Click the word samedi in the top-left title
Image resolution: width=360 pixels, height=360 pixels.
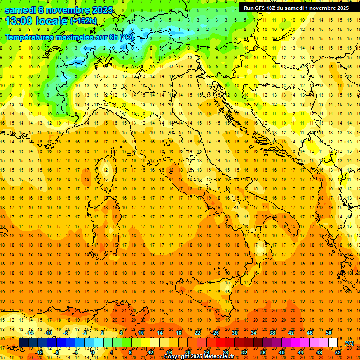(x=20, y=10)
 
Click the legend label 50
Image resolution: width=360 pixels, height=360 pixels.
(x=329, y=332)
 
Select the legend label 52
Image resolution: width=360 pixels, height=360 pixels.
(x=338, y=352)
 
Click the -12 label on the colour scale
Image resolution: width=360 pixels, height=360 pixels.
(x=39, y=352)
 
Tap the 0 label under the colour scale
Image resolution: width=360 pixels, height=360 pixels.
(x=93, y=352)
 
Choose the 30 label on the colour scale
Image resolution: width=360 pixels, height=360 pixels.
(x=235, y=332)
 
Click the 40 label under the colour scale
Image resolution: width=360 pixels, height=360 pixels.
(x=282, y=352)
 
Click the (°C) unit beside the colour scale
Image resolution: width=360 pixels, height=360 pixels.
(x=349, y=343)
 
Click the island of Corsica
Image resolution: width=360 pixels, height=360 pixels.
(x=107, y=169)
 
